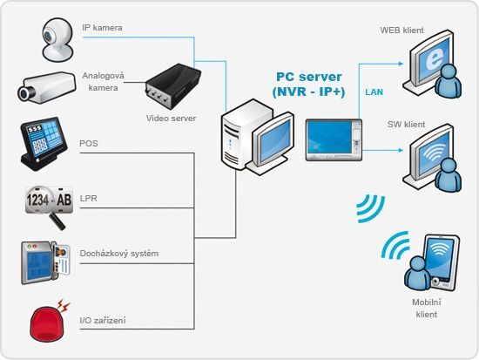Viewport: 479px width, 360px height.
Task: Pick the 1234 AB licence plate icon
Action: (49, 206)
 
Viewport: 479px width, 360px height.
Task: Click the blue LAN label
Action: (374, 91)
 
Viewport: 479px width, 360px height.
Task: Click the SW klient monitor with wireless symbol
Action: (432, 158)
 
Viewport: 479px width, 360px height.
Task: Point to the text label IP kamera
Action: (101, 28)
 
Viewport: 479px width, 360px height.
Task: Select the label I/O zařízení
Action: (103, 321)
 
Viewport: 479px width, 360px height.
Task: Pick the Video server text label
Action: (171, 118)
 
